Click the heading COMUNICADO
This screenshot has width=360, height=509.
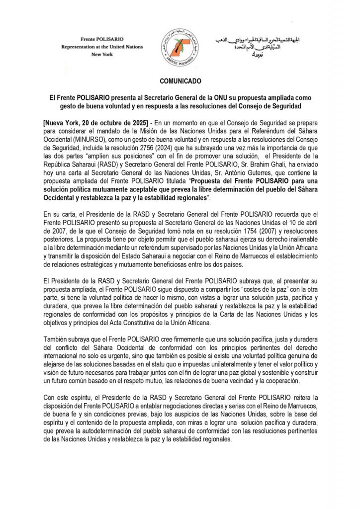(180, 80)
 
